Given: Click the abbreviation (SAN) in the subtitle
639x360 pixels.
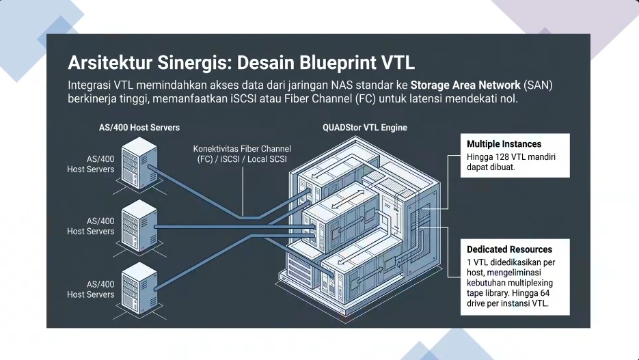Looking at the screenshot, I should pos(538,85).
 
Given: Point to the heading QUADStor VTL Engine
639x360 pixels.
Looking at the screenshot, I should pos(365,128).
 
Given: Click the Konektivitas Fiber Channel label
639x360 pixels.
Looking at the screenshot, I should pos(242,148).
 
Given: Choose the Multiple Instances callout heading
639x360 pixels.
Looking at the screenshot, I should pos(504,144).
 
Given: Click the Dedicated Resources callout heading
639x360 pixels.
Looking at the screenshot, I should pos(509,249).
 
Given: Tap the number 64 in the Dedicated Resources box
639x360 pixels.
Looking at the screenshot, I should pos(545,292).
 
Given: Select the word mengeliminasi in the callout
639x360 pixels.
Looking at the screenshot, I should pos(520,272).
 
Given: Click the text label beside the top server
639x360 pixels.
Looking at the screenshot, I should pos(91,164).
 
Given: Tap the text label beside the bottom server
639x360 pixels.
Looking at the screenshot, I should pos(91,289).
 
